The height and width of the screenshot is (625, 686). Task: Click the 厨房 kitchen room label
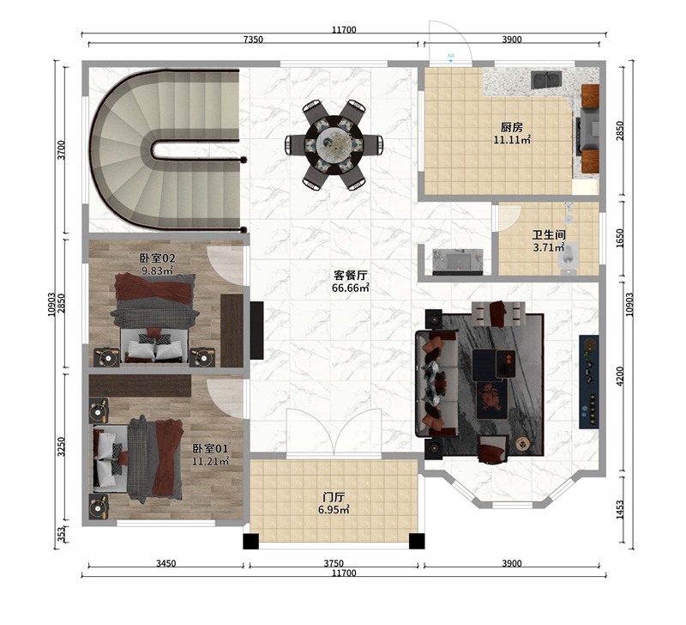pos(512,125)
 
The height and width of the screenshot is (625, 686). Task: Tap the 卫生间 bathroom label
pos(549,234)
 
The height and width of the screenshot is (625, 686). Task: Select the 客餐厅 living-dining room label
pos(351,276)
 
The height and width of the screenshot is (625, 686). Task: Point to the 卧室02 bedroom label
pos(157,258)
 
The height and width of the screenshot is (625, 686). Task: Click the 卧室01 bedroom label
pos(210,448)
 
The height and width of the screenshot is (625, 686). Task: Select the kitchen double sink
pos(546,82)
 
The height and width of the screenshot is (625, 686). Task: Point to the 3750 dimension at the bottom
pos(334,564)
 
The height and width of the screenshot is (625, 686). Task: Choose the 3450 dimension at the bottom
pos(166,564)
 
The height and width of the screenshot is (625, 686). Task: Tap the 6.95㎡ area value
pos(334,510)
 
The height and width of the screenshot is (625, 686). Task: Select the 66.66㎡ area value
pos(351,288)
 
